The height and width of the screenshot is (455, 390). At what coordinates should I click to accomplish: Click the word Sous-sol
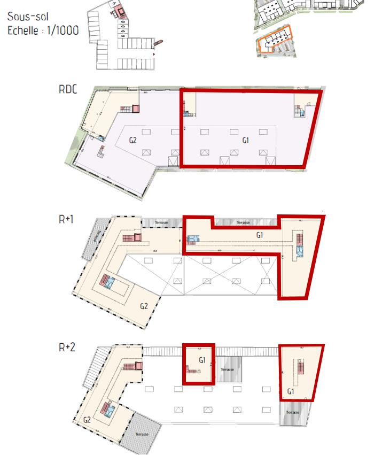point(28,17)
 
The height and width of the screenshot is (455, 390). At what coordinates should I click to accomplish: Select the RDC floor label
point(68,89)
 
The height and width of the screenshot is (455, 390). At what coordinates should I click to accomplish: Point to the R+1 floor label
point(66,219)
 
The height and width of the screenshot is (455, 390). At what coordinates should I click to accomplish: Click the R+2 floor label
point(67,347)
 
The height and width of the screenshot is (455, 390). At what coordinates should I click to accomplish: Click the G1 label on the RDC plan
point(246,141)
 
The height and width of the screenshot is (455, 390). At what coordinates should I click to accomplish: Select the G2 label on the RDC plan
point(133,141)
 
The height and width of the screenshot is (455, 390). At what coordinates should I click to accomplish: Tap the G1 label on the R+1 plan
point(260,235)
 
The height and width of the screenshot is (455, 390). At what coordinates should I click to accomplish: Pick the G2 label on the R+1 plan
point(144,306)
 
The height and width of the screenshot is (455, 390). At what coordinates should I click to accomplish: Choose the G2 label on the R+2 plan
point(87,420)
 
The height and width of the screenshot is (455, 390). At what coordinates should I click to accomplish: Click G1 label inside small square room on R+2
point(202,360)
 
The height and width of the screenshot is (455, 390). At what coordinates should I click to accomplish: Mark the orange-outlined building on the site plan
point(273,42)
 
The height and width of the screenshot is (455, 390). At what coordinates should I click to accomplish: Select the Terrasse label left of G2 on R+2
point(142,434)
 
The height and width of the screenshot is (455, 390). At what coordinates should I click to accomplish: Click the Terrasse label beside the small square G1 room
point(228,369)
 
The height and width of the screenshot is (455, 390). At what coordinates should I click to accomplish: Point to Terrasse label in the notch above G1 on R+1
point(245,222)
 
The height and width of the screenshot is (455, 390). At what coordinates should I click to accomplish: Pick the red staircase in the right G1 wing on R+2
point(300,368)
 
